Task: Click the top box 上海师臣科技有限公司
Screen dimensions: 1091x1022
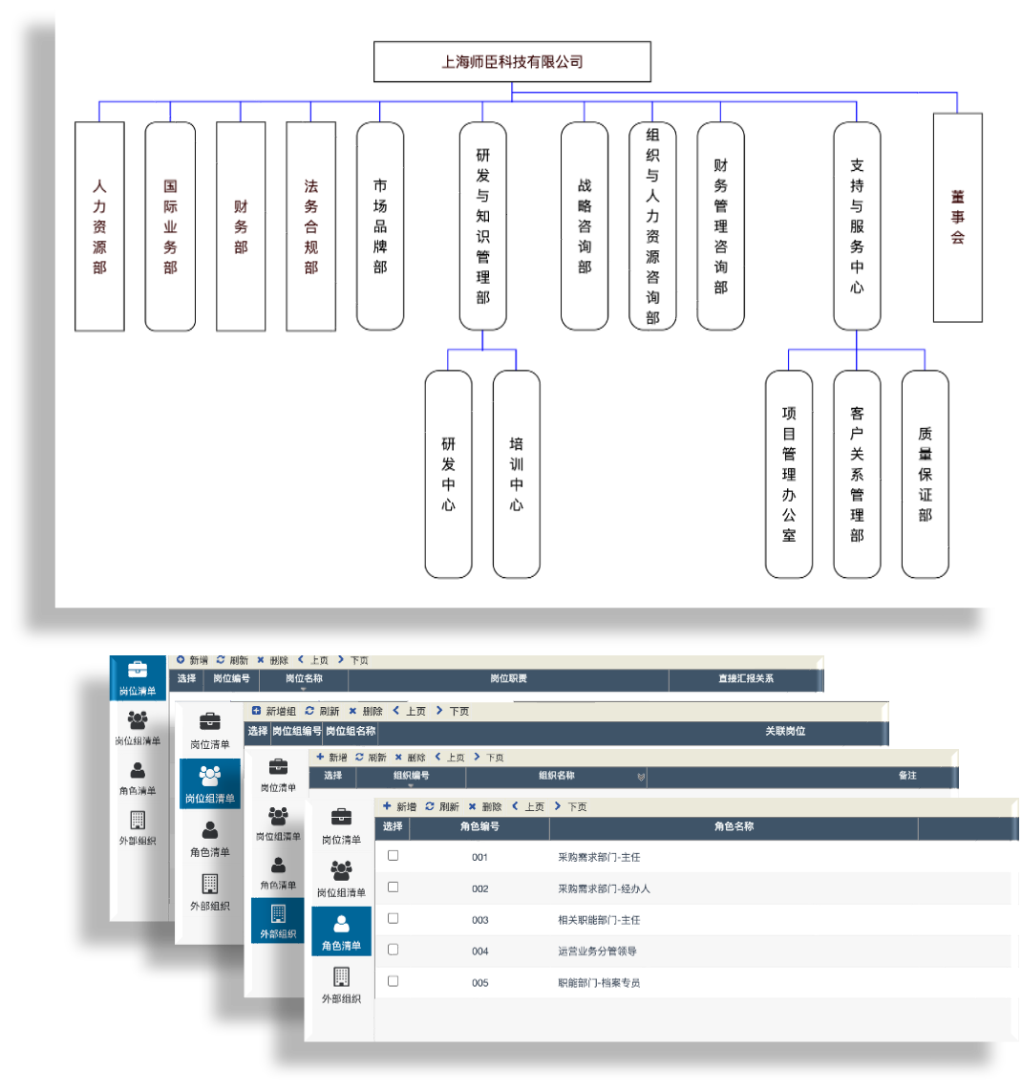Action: pyautogui.click(x=512, y=62)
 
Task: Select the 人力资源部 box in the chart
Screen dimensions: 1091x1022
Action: pyautogui.click(x=99, y=226)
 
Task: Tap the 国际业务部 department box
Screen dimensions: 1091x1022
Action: pyautogui.click(x=170, y=226)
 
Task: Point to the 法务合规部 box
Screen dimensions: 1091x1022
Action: pyautogui.click(x=310, y=226)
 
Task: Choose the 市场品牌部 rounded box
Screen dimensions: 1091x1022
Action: pyautogui.click(x=380, y=226)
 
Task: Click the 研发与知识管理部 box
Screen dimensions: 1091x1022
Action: pyautogui.click(x=482, y=226)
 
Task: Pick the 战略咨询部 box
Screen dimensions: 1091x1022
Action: pyautogui.click(x=585, y=226)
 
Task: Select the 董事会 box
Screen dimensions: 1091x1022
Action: pyautogui.click(x=957, y=218)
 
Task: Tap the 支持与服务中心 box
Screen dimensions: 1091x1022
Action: pyautogui.click(x=857, y=226)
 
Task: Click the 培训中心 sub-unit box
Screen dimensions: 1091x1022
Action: pyautogui.click(x=516, y=475)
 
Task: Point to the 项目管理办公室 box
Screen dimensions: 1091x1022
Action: pyautogui.click(x=789, y=475)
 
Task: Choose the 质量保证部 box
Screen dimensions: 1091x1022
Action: pyautogui.click(x=925, y=475)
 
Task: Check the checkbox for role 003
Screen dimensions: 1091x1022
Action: pyautogui.click(x=393, y=919)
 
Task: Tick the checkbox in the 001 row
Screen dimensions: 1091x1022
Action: pyautogui.click(x=393, y=856)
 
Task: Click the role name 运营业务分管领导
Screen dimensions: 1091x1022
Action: pyautogui.click(x=597, y=952)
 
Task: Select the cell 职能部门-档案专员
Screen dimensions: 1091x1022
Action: pyautogui.click(x=599, y=983)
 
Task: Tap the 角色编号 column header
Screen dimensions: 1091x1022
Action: pyautogui.click(x=479, y=827)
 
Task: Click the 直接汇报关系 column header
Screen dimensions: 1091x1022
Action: pyautogui.click(x=746, y=679)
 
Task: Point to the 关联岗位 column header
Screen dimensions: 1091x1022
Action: pyautogui.click(x=785, y=732)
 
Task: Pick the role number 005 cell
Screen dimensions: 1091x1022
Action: pyautogui.click(x=479, y=983)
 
